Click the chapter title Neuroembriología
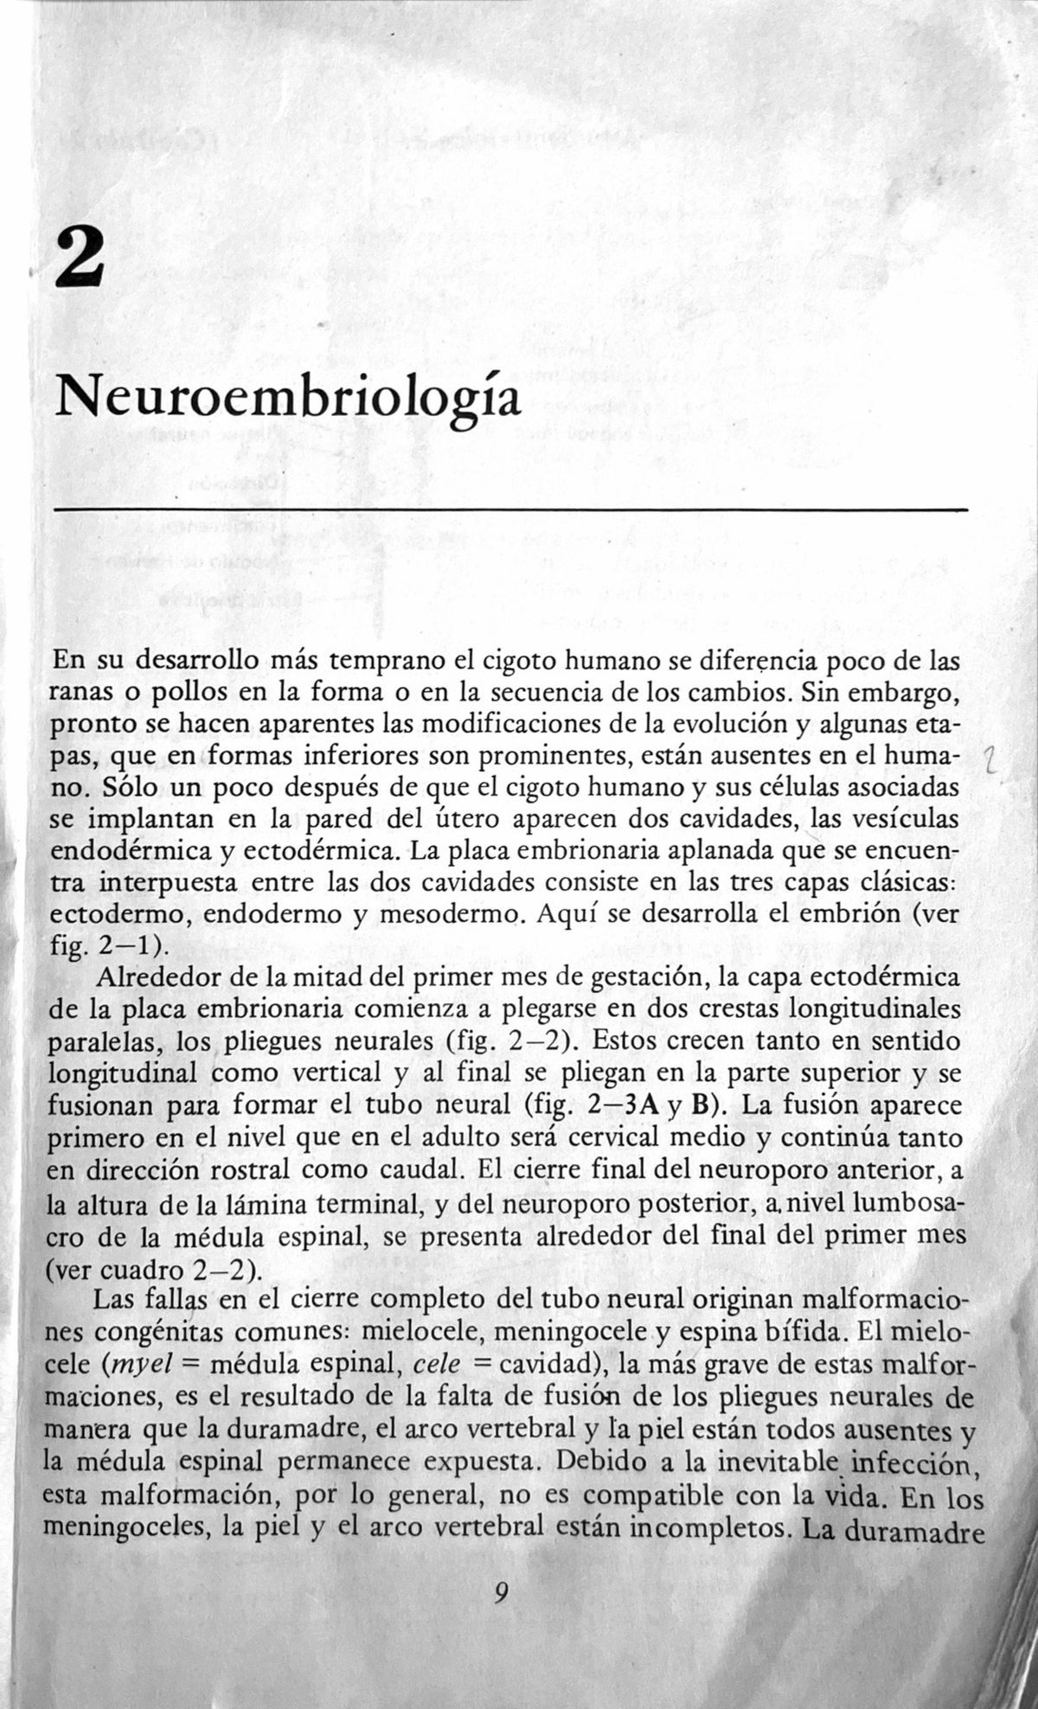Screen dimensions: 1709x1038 (x=288, y=400)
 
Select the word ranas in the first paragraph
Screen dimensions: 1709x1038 (x=84, y=694)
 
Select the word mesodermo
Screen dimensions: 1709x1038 (x=449, y=914)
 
